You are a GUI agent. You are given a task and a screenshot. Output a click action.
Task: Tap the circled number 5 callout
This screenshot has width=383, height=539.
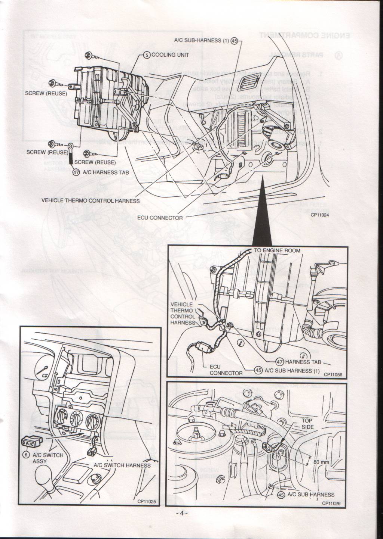[x=147, y=55]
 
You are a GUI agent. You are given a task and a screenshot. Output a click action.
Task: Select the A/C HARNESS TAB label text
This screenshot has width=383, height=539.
[x=106, y=172]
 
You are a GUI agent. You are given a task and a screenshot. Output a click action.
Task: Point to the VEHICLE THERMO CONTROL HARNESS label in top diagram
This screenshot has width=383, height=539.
[x=91, y=201]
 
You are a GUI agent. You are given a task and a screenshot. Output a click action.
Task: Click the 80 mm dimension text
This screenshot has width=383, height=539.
[x=321, y=462]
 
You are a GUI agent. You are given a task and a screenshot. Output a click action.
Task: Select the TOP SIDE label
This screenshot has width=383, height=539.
[x=307, y=424]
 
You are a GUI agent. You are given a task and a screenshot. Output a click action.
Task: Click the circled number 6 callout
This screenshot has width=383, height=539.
[x=26, y=455]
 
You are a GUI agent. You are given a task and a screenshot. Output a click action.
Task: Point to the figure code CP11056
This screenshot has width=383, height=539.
[x=333, y=374]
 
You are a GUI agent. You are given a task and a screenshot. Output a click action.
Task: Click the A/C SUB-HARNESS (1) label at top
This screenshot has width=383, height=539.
[x=201, y=41]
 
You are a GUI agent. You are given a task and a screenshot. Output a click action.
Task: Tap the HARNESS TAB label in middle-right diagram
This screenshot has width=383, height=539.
[x=303, y=362]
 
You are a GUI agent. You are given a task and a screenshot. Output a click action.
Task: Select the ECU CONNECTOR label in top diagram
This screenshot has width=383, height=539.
[x=165, y=218]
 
